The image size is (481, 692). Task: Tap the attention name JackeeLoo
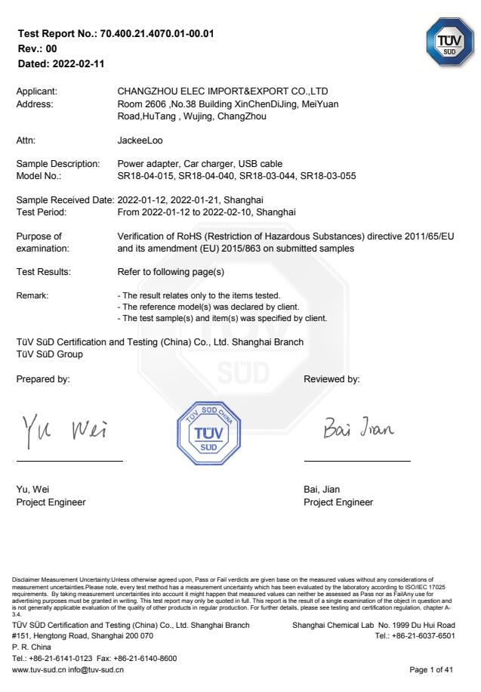point(140,141)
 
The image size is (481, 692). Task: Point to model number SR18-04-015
point(144,176)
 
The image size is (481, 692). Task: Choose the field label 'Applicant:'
point(37,91)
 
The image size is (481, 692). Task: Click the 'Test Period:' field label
point(42,212)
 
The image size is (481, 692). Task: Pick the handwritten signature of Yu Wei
point(63,430)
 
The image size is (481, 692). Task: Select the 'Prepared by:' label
point(43,379)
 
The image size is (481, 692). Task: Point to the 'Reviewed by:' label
point(331,379)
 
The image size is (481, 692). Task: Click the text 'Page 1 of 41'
point(432,669)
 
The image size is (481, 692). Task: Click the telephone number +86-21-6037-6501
point(425,636)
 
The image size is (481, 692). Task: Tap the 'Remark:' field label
point(32,295)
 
